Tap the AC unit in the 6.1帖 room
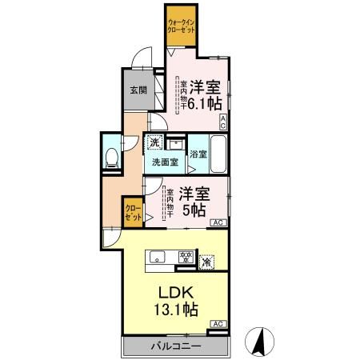point(224,122)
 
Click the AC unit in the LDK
point(216,323)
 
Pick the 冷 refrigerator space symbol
point(206,260)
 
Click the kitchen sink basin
point(157,257)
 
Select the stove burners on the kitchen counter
point(186,257)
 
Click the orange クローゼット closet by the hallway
point(133,212)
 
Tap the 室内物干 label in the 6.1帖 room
point(182,93)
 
